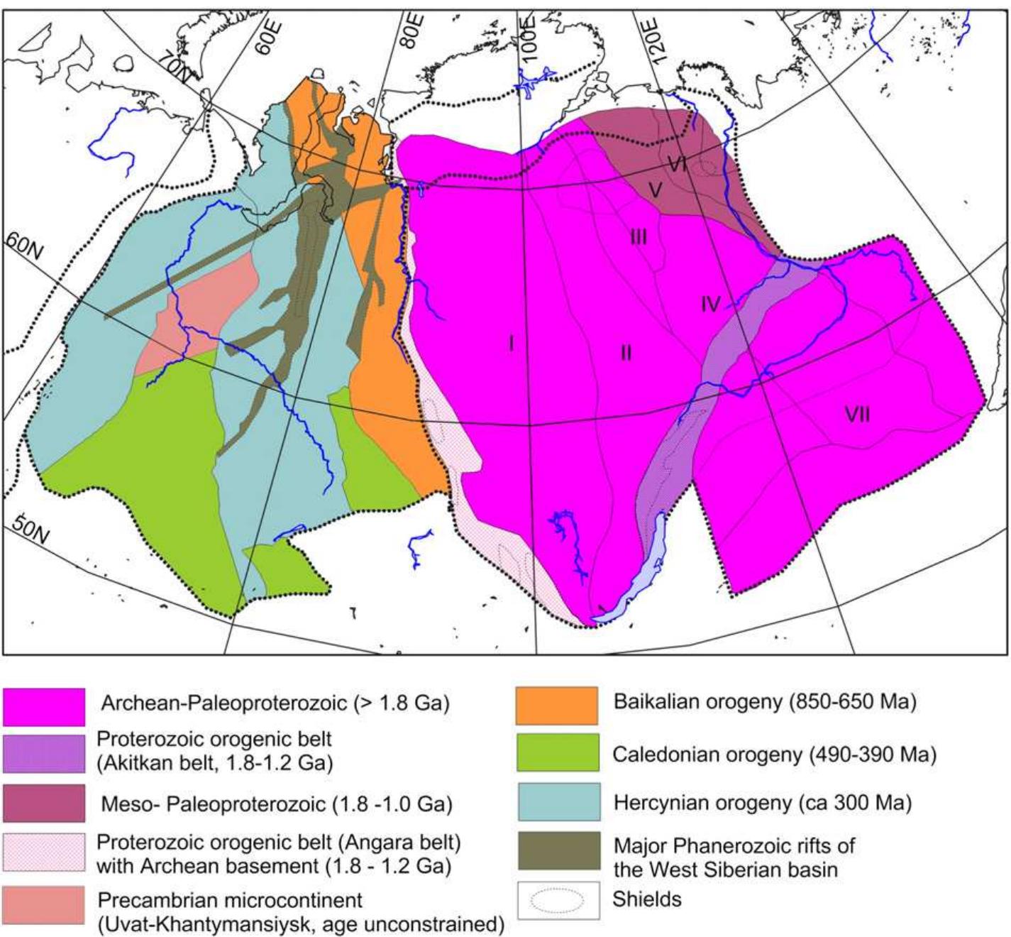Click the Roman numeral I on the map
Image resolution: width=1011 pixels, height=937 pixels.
511,344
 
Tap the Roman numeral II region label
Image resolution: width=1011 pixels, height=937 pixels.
626,352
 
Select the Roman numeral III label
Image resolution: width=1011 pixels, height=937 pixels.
639,237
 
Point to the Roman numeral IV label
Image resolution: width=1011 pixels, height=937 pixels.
710,305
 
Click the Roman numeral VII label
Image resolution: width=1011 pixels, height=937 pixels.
857,414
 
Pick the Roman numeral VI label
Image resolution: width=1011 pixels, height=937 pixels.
678,165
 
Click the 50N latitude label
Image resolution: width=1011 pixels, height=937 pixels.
31,528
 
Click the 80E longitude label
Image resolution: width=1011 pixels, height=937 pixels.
411,28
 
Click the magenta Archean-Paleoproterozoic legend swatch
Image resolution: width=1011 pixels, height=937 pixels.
44,706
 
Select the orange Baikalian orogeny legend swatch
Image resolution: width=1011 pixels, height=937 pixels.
556,705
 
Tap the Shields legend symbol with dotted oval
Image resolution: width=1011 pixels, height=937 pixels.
558,900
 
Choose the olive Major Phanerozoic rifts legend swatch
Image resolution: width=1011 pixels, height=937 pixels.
556,851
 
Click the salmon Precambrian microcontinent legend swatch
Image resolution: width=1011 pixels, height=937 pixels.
44,904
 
